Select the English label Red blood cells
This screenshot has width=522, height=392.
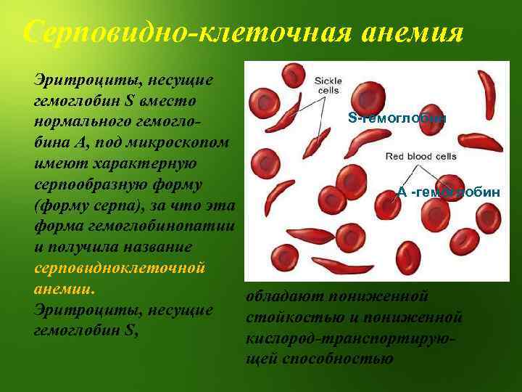tap(420, 155)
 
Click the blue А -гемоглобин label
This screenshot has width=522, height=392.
tap(448, 192)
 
